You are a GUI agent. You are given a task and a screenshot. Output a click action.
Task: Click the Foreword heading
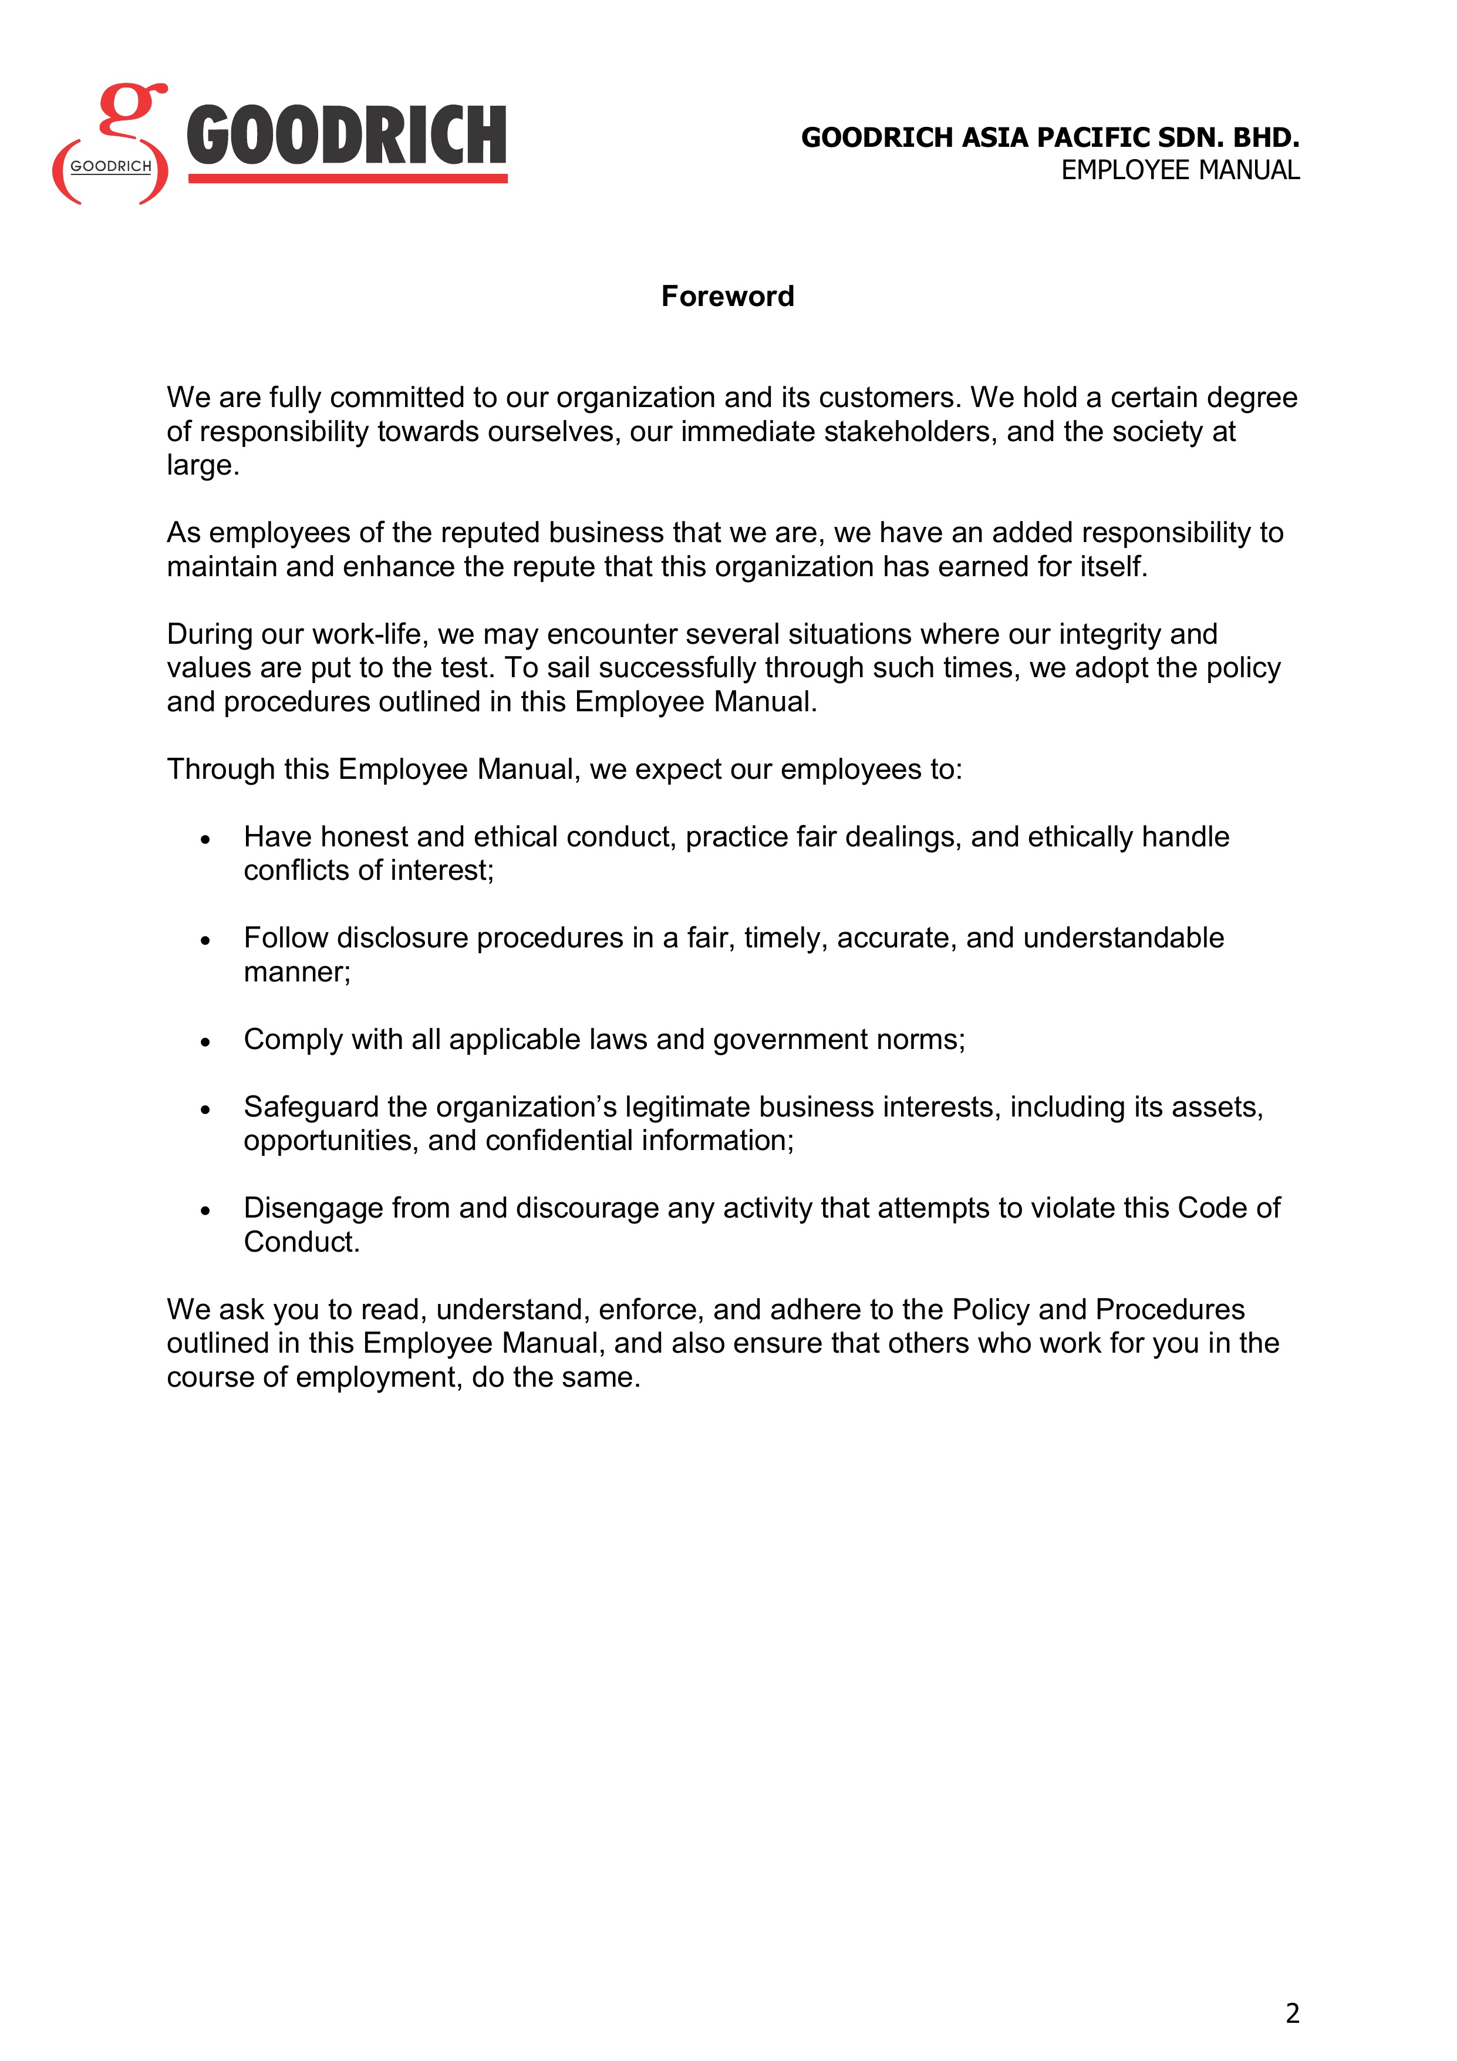click(x=727, y=296)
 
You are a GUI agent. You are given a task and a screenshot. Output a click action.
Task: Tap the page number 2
click(x=1292, y=2013)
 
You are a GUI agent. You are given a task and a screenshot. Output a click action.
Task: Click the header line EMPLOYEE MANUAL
click(x=1180, y=170)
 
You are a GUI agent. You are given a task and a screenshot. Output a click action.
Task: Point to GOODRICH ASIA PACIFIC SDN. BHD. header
click(x=1050, y=137)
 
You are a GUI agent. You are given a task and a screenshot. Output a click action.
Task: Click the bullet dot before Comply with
click(x=205, y=1042)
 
